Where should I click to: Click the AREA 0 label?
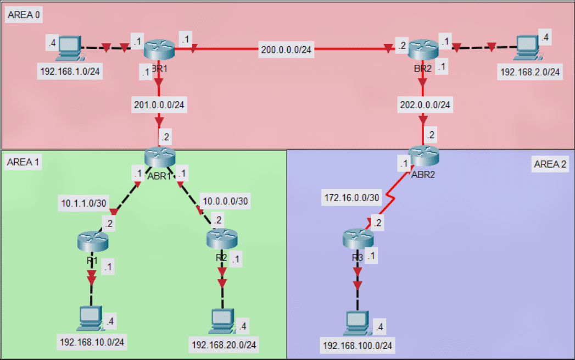pyautogui.click(x=23, y=15)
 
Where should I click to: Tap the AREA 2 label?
pyautogui.click(x=550, y=164)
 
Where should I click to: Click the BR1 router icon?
pyautogui.click(x=159, y=50)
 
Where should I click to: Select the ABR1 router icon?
pyautogui.click(x=160, y=157)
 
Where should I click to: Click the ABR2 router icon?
pyautogui.click(x=424, y=157)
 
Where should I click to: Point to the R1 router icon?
pyautogui.click(x=93, y=241)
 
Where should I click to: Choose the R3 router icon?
pyautogui.click(x=358, y=238)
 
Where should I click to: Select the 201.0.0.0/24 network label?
pyautogui.click(x=158, y=104)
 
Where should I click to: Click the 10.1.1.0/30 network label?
pyautogui.click(x=83, y=203)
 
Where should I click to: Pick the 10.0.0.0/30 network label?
pyautogui.click(x=225, y=201)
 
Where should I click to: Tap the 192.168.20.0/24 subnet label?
pyautogui.click(x=224, y=345)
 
